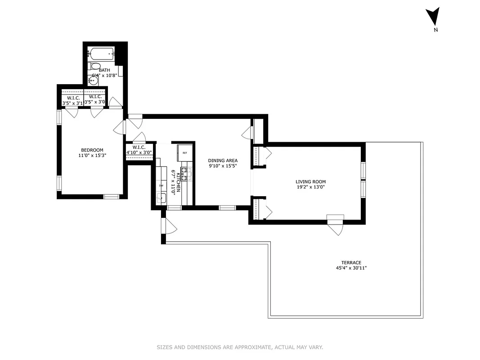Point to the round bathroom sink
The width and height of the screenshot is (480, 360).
[93, 81]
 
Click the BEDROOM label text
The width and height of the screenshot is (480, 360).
[92, 150]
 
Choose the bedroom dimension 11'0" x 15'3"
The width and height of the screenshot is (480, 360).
[92, 156]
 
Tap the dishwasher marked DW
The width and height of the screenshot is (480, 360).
[161, 185]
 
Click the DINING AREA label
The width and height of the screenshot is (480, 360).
[223, 161]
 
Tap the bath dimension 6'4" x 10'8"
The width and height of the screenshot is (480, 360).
[104, 76]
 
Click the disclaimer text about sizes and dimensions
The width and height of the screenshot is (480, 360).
[240, 347]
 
